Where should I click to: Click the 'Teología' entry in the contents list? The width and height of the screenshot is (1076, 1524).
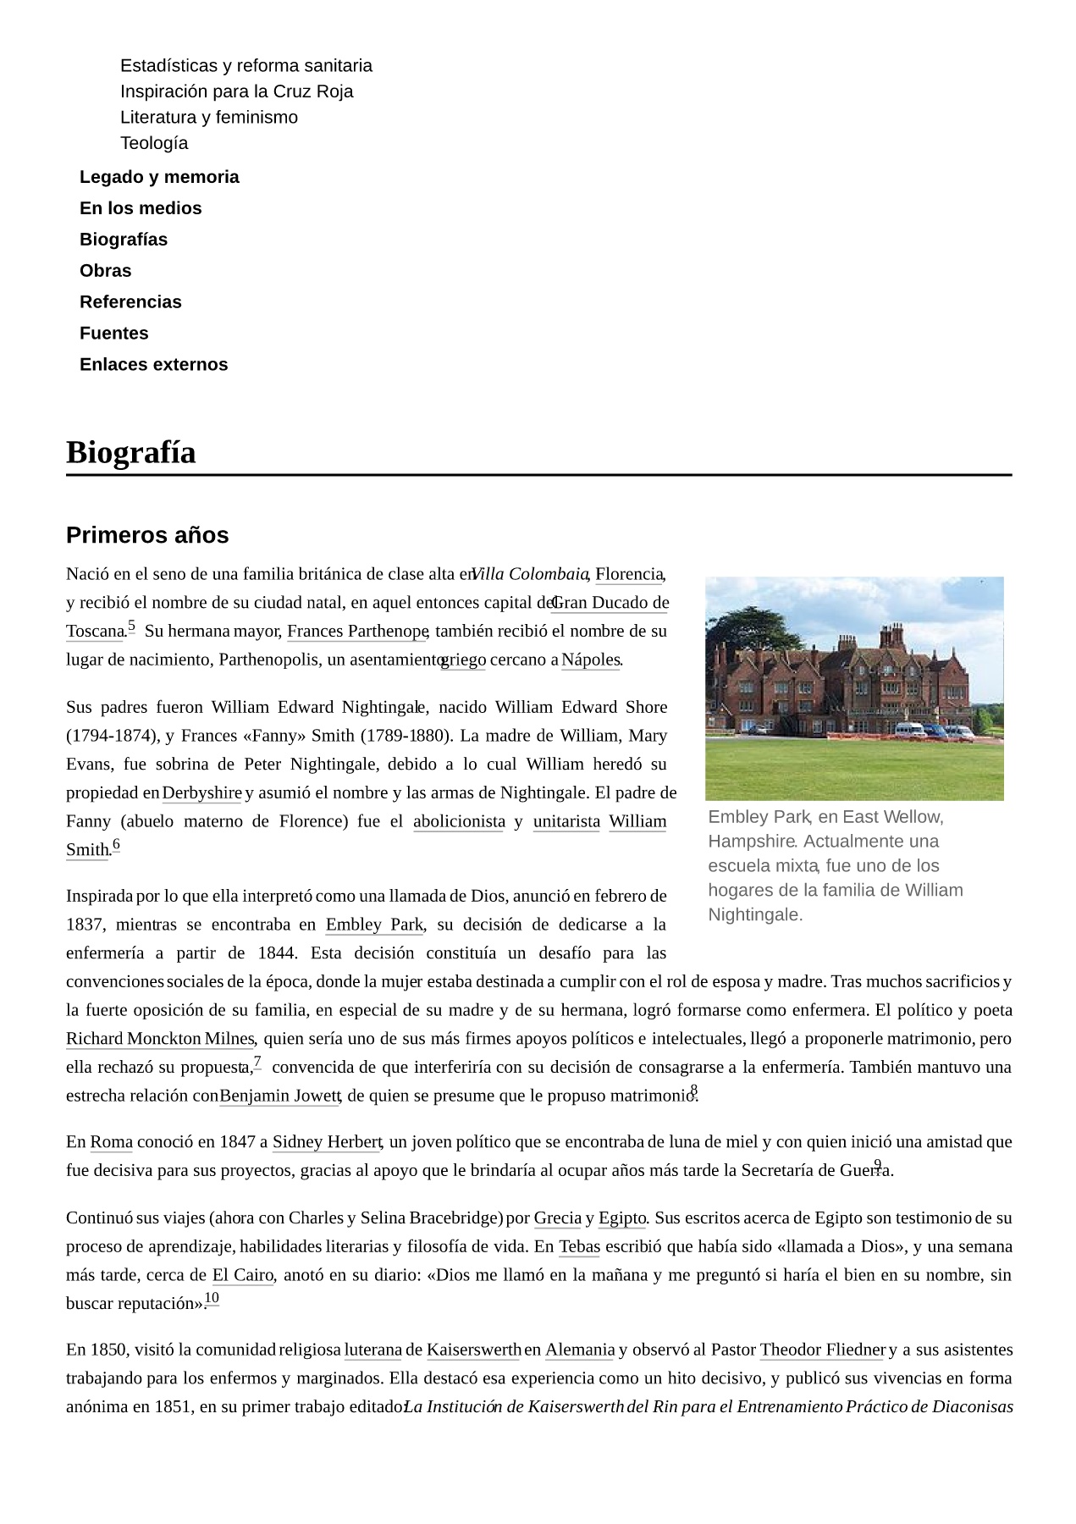154,143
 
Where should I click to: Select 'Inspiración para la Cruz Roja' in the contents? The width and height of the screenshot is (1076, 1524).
236,91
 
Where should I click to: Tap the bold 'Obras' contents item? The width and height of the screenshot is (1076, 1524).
106,271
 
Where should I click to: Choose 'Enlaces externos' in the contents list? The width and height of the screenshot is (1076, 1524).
153,365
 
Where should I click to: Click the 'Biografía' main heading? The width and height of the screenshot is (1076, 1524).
131,452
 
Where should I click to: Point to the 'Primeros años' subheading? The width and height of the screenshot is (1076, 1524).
147,535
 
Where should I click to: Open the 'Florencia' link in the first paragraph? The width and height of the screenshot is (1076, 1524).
628,575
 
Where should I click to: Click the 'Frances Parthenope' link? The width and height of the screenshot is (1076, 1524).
356,632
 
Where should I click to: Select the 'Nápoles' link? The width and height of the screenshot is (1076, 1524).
590,660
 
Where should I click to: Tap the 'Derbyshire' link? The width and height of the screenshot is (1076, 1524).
201,793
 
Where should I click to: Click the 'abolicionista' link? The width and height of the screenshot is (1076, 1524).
459,822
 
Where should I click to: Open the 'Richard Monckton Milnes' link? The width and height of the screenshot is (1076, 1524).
160,1039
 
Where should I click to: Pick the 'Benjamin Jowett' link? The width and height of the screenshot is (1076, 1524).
279,1096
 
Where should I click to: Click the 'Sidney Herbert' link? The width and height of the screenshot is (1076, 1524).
327,1142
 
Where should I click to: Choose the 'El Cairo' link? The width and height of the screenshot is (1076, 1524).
242,1276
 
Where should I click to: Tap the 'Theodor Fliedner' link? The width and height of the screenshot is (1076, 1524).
822,1350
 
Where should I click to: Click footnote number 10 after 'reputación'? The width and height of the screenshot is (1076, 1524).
212,1298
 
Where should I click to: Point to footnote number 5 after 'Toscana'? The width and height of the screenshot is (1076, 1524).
131,627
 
